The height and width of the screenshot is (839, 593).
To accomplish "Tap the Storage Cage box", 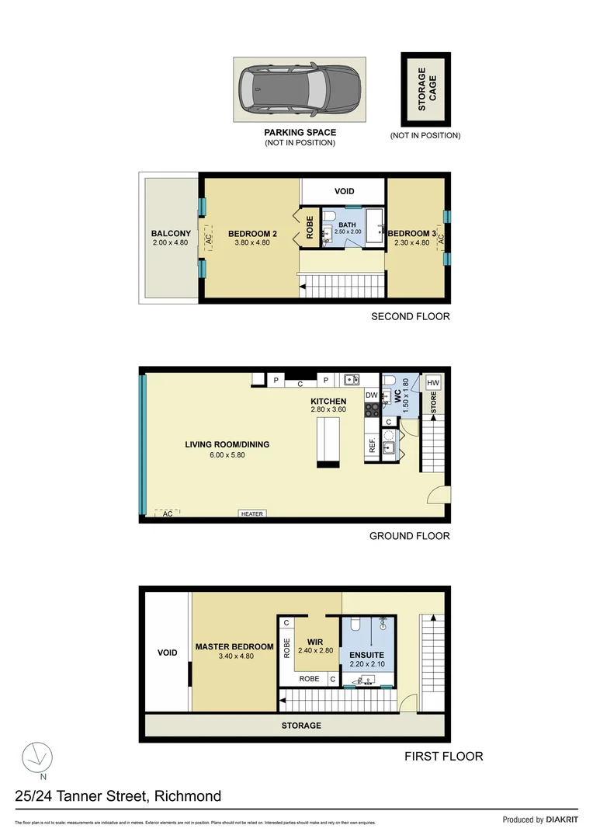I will tap(425, 89).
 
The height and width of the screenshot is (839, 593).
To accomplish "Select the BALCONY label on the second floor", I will tap(171, 233).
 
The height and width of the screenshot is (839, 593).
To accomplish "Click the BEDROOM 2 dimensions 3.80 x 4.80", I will tap(252, 242).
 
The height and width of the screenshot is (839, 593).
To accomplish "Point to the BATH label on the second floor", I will tap(347, 225).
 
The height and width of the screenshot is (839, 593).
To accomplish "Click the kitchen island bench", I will tap(328, 441).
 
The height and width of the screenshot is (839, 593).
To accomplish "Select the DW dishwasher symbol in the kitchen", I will tap(372, 395).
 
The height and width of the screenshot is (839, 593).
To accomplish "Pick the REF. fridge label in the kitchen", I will tap(372, 446).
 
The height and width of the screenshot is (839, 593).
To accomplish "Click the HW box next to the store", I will tap(433, 382).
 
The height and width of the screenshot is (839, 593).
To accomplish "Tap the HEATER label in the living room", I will tap(252, 513).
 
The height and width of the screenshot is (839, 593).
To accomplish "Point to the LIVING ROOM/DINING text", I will tap(227, 444).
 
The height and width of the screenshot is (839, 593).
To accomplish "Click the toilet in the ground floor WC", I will tap(390, 381).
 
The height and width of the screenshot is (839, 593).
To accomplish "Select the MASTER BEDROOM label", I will tap(234, 646).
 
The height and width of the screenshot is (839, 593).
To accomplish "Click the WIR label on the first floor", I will tap(314, 642).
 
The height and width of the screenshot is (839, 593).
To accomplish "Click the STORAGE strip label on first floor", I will tap(300, 726).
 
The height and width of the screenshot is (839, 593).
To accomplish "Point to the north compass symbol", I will tap(36, 757).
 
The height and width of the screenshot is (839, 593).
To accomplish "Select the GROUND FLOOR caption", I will tap(409, 535).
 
